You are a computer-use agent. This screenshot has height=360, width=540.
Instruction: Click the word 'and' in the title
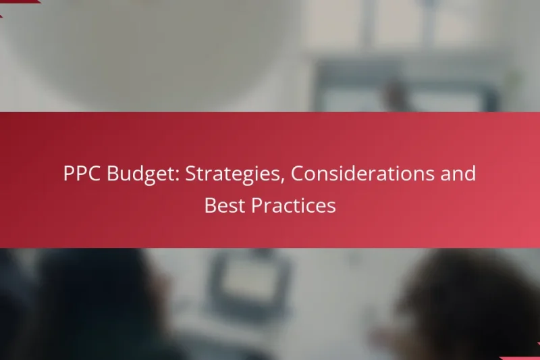458,174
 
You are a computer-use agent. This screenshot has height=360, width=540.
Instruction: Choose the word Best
225,206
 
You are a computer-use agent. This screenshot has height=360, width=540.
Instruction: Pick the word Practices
294,206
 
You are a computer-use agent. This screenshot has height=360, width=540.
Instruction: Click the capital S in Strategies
190,174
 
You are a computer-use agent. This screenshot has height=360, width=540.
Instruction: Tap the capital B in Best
211,206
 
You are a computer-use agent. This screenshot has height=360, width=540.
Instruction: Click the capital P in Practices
257,206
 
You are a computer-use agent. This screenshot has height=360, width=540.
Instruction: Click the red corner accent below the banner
523,356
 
